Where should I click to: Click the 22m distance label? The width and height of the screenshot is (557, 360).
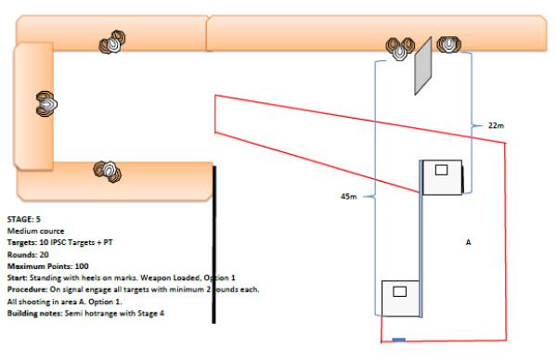coord(496,125)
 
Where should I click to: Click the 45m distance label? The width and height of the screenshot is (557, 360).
coord(348,197)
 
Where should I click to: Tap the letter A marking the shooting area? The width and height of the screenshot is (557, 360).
coord(468,242)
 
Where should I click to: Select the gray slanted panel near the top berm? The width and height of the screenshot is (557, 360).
coord(423,66)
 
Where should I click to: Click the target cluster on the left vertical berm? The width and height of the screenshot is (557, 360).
coord(46,104)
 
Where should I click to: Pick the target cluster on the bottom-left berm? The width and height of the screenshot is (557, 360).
coord(108,172)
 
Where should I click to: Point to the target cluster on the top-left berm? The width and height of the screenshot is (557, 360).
coord(112,43)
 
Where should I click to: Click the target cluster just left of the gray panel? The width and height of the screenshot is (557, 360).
coord(400,48)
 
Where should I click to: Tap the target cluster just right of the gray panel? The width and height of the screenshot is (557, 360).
coord(449,45)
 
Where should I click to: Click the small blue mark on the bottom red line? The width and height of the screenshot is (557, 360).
coord(398,340)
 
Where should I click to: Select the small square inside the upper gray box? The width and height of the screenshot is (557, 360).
coord(441,170)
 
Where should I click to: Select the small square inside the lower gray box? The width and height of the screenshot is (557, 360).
coord(399,291)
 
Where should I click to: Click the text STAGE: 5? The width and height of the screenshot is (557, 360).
coord(24,219)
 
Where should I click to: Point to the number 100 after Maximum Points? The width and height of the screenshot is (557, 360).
coord(82,266)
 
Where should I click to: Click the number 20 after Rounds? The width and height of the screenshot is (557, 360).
coord(44,254)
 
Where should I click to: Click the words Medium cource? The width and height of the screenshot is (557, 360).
coord(35,231)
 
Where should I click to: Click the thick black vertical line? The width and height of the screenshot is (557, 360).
coord(214,244)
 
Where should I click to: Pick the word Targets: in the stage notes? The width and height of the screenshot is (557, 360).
coord(22,242)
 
